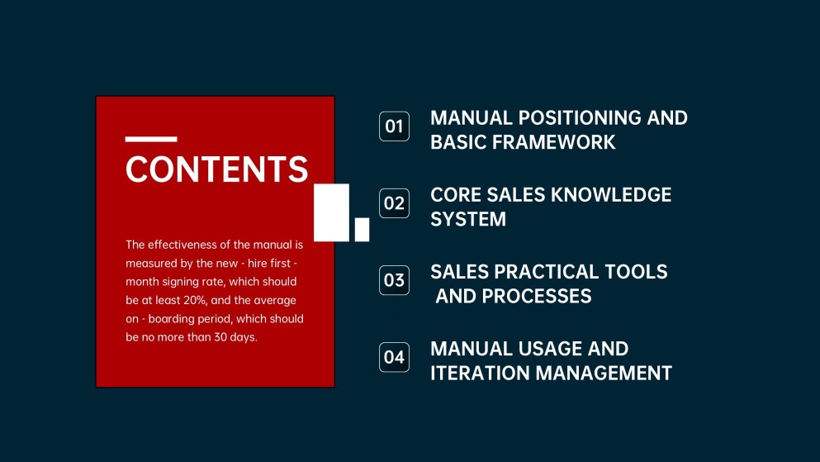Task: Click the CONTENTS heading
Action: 216,169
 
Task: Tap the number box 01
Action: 394,126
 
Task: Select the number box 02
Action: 394,203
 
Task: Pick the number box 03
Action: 394,280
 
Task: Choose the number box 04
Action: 394,357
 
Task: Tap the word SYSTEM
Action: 468,219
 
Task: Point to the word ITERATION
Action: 480,373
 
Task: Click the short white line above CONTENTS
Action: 151,139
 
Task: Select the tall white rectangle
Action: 332,212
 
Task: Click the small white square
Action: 362,230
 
